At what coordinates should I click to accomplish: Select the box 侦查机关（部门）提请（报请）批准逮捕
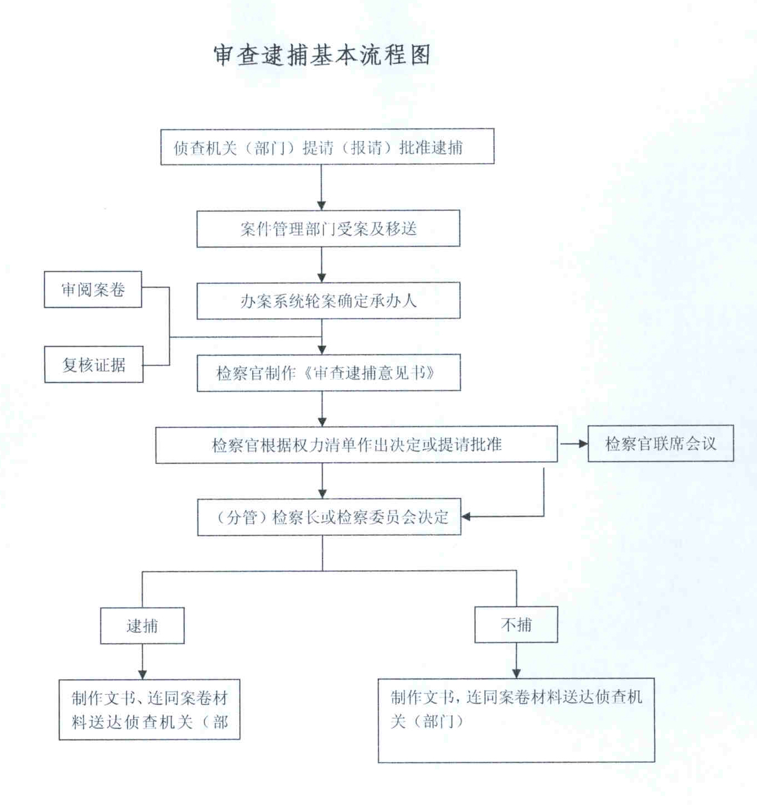coord(327,147)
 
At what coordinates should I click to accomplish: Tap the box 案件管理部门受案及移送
coord(328,229)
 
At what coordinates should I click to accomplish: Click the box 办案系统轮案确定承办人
coord(328,301)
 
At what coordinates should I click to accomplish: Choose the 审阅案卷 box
coord(92,289)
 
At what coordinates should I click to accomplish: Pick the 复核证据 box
coord(94,365)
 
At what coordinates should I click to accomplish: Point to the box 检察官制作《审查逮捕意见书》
coord(329,373)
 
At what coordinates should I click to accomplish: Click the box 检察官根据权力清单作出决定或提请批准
coord(356,444)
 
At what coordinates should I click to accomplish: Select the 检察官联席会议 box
coord(661,443)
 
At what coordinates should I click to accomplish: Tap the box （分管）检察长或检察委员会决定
coord(329,517)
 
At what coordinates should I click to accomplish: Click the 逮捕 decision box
coord(142,625)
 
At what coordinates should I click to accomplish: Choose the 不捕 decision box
coord(516,624)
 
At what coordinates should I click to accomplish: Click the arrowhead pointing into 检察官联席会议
coord(583,444)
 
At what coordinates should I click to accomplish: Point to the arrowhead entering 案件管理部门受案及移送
coord(322,205)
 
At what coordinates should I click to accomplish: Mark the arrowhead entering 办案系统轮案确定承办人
coord(322,277)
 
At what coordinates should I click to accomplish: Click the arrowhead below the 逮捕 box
coord(142,675)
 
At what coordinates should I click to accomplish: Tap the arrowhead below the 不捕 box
coord(516,673)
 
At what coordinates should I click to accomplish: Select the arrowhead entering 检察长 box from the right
coord(466,516)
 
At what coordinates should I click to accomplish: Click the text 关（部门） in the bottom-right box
coord(427,722)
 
